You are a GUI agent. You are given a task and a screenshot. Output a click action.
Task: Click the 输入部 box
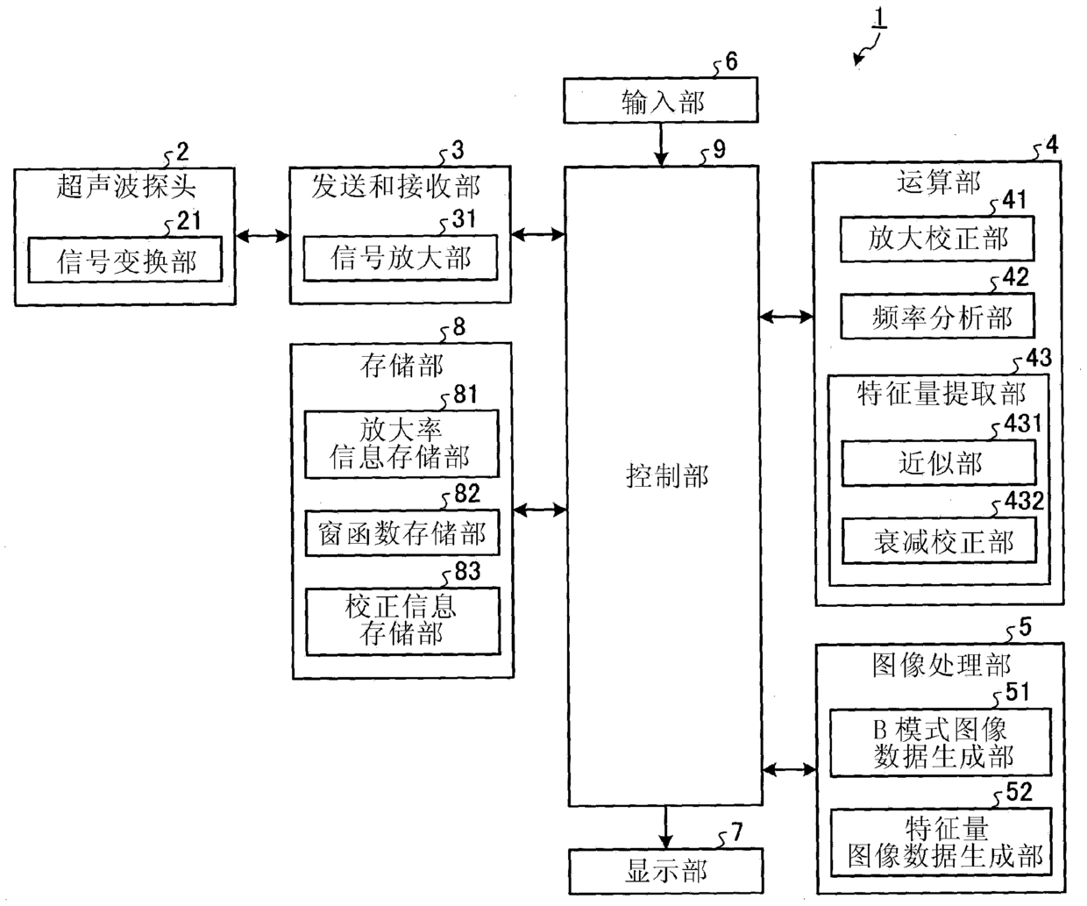[660, 102]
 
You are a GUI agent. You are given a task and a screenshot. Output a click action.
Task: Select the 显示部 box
[665, 871]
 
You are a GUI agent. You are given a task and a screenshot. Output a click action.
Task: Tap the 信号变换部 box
[125, 260]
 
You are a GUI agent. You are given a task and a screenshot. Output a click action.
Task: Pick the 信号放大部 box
[400, 257]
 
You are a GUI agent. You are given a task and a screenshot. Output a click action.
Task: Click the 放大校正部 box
[937, 239]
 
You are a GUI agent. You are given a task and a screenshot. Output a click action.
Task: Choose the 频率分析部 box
[938, 317]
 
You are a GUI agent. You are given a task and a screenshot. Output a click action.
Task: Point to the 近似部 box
[939, 463]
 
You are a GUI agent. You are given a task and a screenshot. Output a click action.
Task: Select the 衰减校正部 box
[939, 541]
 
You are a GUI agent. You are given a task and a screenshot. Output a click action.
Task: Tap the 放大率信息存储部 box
[401, 444]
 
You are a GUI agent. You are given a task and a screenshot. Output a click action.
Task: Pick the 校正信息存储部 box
[401, 621]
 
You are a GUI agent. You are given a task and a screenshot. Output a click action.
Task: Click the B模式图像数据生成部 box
[940, 743]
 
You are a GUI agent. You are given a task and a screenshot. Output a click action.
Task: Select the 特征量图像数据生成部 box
[940, 842]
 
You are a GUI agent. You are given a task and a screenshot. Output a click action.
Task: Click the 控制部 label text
[666, 476]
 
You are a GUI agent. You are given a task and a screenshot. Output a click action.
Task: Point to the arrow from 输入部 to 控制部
[661, 145]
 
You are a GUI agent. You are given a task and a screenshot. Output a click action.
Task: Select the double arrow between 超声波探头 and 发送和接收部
[262, 235]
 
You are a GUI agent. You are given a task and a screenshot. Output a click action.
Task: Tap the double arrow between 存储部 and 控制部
[540, 509]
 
